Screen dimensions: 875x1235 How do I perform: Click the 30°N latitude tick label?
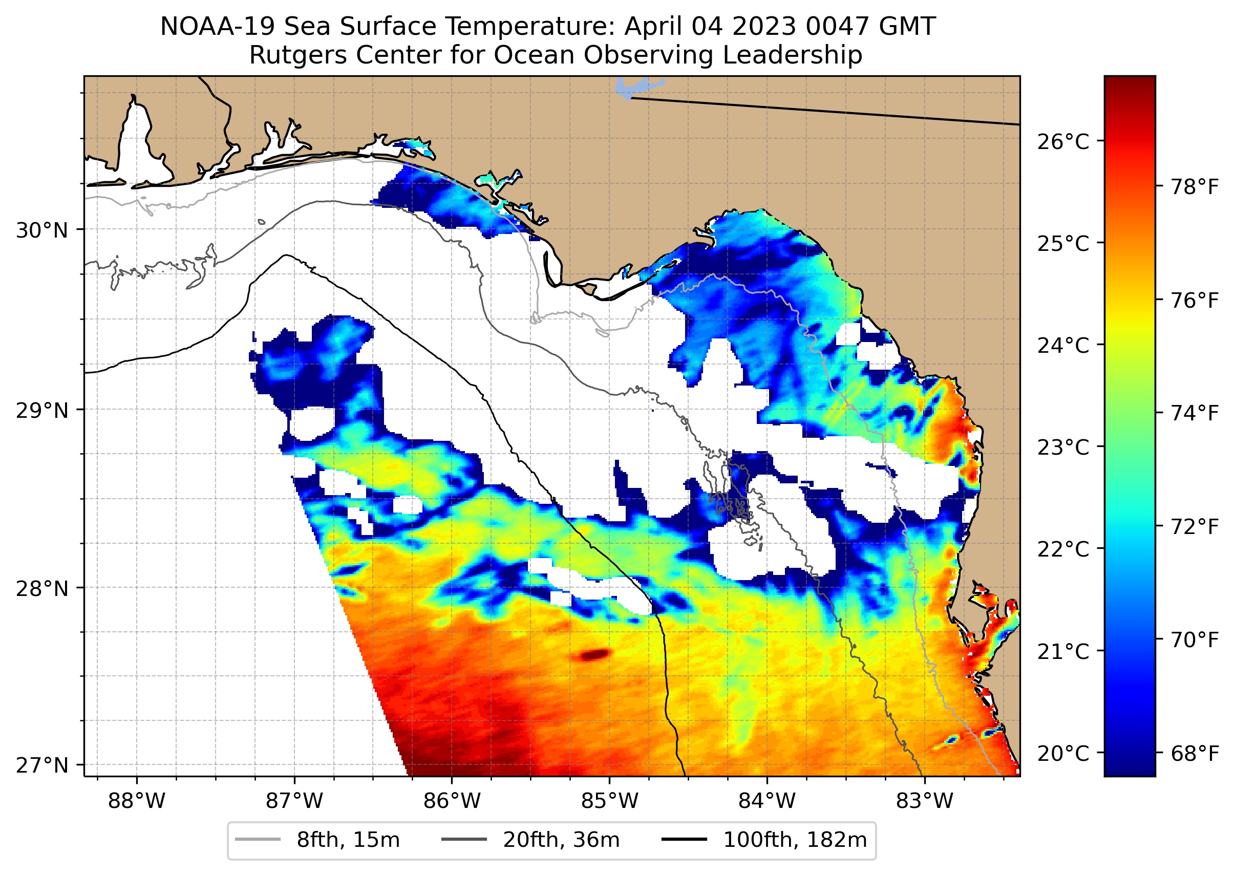[x=42, y=230]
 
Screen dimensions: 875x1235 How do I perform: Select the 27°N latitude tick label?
[x=42, y=765]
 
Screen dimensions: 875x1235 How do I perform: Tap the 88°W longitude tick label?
[x=136, y=801]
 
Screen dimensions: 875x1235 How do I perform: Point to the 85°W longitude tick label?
[x=609, y=801]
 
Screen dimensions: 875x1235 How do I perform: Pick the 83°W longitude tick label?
[x=925, y=801]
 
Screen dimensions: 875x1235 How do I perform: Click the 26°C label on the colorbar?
[x=1062, y=142]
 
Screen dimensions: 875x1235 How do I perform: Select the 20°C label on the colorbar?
[x=1062, y=753]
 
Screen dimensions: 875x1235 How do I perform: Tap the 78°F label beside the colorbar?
[x=1195, y=187]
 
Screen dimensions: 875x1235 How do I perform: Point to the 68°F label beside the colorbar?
[x=1195, y=753]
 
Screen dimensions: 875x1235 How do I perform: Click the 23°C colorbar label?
[x=1062, y=447]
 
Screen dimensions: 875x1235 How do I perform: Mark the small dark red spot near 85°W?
[x=594, y=655]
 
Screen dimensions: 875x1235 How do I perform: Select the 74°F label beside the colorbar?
[x=1195, y=413]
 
